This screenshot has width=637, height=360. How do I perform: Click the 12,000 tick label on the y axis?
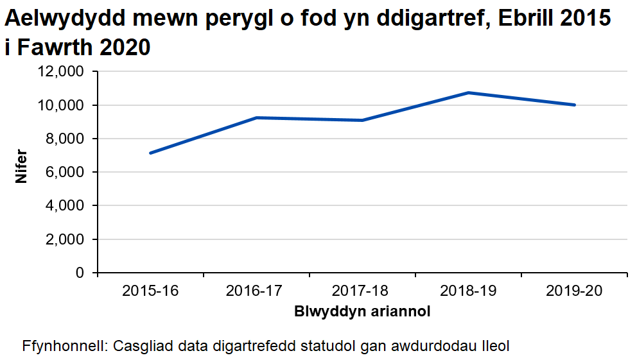coord(62,72)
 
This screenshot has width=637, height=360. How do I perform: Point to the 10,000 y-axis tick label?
coord(62,105)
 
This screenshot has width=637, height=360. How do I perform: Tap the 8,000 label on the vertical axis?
coord(66,139)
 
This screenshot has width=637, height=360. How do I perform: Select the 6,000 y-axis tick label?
coord(66,172)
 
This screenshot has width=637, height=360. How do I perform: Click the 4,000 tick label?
coord(66,206)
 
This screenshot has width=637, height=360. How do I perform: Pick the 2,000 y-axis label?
coord(66,239)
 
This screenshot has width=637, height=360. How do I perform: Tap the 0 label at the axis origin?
coord(80,273)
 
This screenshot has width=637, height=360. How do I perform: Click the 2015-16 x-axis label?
coord(150,291)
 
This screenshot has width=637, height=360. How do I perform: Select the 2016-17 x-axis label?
coord(256,291)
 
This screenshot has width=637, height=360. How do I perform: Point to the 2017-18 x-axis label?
coord(362,291)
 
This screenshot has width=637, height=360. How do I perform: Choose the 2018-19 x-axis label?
coord(468,291)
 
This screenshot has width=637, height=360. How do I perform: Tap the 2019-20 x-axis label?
coord(574,291)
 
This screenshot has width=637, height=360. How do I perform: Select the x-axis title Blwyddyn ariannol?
coord(362,313)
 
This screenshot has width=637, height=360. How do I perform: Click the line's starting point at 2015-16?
coord(150,153)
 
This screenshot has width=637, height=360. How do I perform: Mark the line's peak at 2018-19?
coord(469,92)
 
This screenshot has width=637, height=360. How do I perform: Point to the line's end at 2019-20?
coord(574,105)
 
